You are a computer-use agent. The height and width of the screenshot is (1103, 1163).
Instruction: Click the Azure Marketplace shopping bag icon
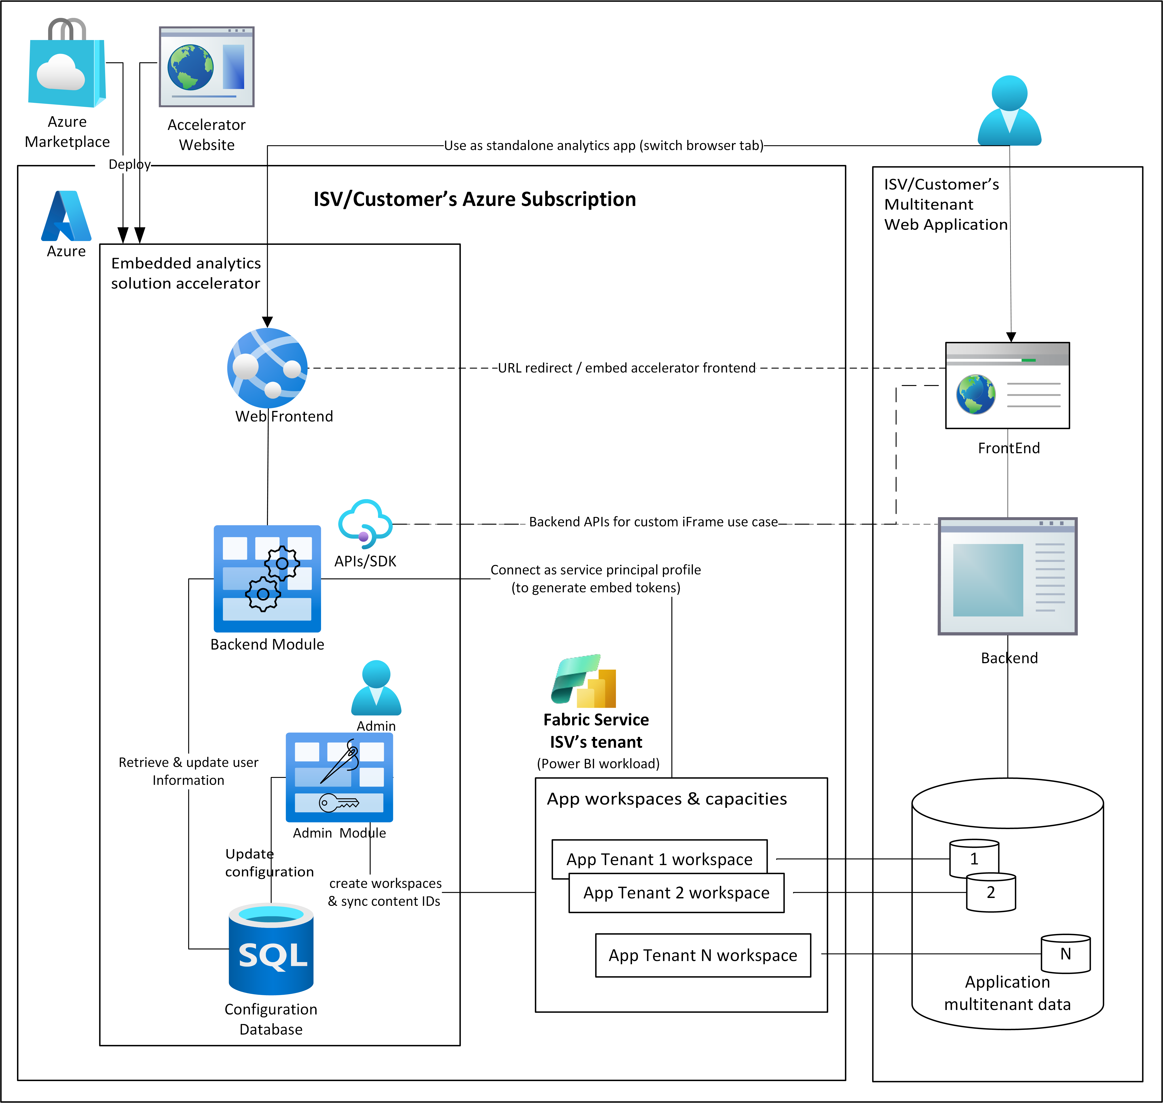(66, 65)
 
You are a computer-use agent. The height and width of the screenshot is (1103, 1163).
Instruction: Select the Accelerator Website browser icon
(206, 66)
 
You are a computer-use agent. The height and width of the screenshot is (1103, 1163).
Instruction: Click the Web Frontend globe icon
(268, 368)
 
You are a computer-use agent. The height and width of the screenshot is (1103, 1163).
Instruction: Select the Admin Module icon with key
(339, 777)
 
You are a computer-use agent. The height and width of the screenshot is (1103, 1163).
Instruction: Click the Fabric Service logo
(584, 681)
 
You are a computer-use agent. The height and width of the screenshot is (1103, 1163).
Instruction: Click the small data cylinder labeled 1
(974, 858)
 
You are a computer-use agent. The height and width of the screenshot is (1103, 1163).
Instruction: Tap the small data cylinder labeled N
(1065, 954)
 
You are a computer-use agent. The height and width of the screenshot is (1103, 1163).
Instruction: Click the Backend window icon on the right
(1007, 576)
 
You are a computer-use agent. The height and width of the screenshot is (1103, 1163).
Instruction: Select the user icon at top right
(1010, 110)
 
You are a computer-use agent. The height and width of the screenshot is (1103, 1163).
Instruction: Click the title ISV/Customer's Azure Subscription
(474, 199)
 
